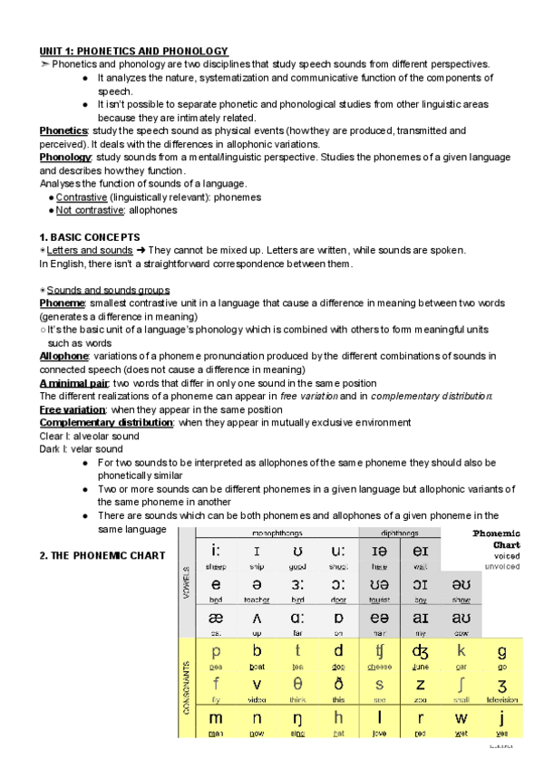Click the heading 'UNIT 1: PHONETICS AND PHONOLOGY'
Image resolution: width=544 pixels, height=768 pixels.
[x=133, y=52]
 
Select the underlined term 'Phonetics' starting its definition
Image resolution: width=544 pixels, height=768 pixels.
[x=63, y=130]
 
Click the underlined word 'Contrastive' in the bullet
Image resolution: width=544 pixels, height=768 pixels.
[x=82, y=197]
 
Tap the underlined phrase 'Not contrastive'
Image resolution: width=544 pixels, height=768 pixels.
[x=90, y=210]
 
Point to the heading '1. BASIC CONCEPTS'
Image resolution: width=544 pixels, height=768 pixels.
[x=89, y=236]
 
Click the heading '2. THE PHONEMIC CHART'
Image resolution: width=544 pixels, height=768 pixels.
[x=102, y=555]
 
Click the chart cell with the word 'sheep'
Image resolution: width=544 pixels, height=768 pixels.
[x=216, y=555]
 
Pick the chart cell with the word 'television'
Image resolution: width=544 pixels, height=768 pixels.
[x=501, y=689]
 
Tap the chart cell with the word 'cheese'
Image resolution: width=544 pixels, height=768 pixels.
[x=379, y=656]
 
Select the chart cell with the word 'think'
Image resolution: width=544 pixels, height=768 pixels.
[x=297, y=689]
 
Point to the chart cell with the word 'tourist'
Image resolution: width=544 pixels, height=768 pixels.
[x=379, y=590]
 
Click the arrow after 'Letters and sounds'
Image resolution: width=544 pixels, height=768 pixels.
[x=141, y=250]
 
